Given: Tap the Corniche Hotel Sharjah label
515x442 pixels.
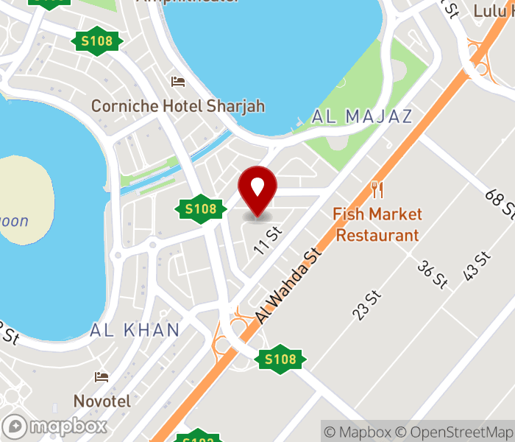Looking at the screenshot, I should [x=177, y=106].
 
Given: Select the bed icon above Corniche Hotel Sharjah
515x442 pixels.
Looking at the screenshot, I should [x=177, y=81].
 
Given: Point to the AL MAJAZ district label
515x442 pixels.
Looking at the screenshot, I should [x=362, y=116].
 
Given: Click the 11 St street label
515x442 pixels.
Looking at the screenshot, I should [x=268, y=239].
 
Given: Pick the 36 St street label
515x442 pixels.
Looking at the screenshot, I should [x=432, y=275].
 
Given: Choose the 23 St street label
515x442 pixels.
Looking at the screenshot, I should [x=368, y=305].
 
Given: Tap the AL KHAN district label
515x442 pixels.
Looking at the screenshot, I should [x=135, y=330].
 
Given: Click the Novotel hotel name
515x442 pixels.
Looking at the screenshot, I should [x=102, y=401].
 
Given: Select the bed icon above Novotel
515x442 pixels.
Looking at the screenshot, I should [x=102, y=378].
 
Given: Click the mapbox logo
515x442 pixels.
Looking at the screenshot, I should [x=55, y=427].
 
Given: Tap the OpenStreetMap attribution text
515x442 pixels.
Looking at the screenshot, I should [x=454, y=432].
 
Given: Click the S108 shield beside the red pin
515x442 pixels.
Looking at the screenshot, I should [x=200, y=209].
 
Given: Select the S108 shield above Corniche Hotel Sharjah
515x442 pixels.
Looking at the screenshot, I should [x=96, y=41].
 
